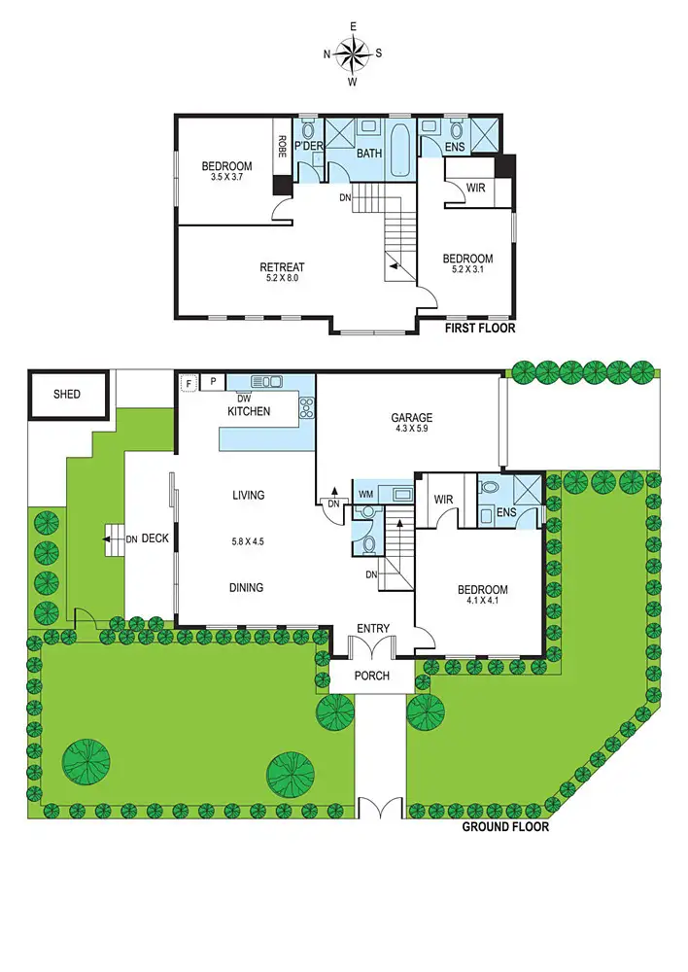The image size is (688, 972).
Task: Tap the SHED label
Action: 66,395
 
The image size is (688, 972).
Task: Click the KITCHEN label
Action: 249,412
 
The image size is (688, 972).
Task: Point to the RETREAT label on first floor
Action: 282,267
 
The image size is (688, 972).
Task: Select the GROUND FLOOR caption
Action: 504,827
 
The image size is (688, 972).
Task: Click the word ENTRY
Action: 373,629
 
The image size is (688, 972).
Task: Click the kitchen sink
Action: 266,382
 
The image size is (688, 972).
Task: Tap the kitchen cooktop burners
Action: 306,408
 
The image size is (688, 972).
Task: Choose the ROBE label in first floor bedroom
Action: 282,146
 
